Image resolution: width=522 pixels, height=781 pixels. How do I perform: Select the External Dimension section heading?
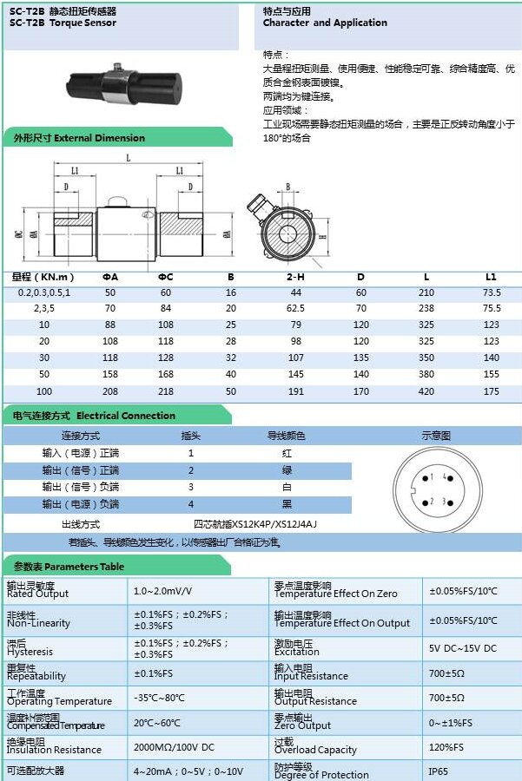pos(79,138)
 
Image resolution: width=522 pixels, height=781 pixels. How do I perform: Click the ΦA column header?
pos(110,277)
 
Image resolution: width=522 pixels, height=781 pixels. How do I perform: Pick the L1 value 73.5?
pos(492,292)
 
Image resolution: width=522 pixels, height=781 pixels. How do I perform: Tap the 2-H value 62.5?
pos(295,308)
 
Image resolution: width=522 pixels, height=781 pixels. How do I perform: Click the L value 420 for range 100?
pos(426,391)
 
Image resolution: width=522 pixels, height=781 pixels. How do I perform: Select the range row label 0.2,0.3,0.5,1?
pos(43,292)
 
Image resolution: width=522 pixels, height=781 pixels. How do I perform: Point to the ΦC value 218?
pos(166,391)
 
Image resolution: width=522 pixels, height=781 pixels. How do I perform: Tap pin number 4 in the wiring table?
pos(191,504)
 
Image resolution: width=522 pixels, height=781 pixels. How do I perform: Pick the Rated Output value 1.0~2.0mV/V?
pos(162,591)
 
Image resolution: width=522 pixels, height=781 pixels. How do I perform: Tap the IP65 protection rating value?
pos(439,771)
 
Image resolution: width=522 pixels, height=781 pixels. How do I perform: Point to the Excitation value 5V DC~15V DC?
pos(462,648)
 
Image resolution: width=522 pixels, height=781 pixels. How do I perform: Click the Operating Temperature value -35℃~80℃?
pos(159,698)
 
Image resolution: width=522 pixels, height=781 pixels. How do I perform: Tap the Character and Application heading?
pos(325,23)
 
